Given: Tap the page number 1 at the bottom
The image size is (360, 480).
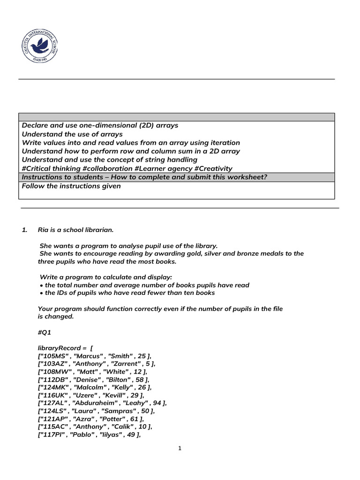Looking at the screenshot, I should [x=180, y=448].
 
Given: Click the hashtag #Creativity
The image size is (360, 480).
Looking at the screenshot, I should [x=209, y=168].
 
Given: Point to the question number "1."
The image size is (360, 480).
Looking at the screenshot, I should [x=25, y=230].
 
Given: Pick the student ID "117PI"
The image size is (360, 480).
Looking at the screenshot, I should [x=52, y=435].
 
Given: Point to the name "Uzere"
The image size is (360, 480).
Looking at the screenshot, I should [x=87, y=395].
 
